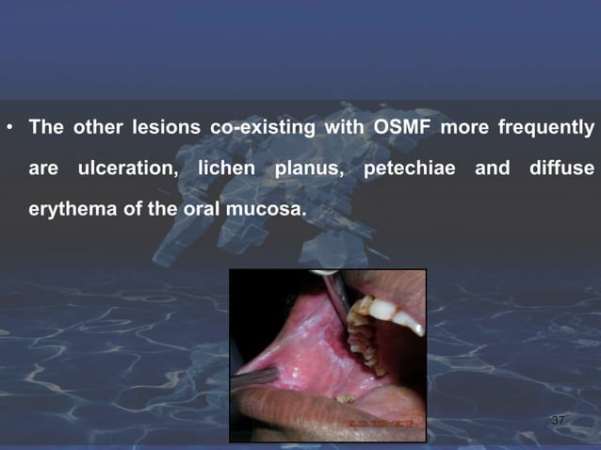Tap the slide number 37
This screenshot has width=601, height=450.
pyautogui.click(x=558, y=420)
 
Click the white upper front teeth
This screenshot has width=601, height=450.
pyautogui.click(x=391, y=312)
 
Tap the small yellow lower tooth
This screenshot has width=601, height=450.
pyautogui.click(x=347, y=399)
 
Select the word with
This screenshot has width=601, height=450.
pyautogui.click(x=344, y=126)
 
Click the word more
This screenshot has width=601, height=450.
pyautogui.click(x=474, y=126)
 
